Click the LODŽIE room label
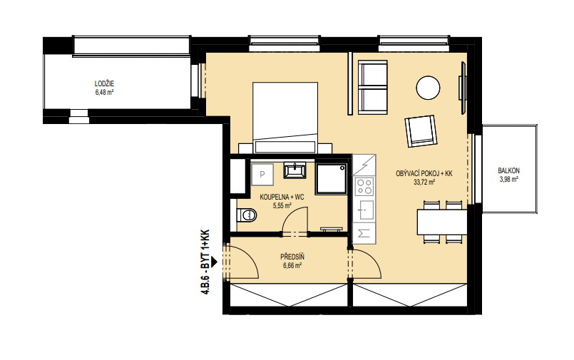click(104, 84)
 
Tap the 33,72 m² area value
click(424, 182)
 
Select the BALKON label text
click(508, 170)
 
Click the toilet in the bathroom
click(247, 215)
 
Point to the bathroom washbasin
click(294, 171)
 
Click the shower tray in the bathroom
click(332, 178)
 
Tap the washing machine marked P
click(262, 175)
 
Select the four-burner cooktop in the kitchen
click(364, 186)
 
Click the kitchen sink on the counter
click(364, 210)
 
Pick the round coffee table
click(428, 88)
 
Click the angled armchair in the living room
click(421, 131)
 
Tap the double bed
click(285, 118)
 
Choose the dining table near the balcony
click(442, 222)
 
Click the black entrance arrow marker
click(214, 262)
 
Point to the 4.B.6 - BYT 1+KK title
click(205, 262)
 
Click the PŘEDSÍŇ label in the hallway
click(292, 257)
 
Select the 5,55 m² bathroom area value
click(282, 206)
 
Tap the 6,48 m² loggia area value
click(104, 92)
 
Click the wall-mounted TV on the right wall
click(463, 88)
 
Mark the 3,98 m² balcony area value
click(509, 179)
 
